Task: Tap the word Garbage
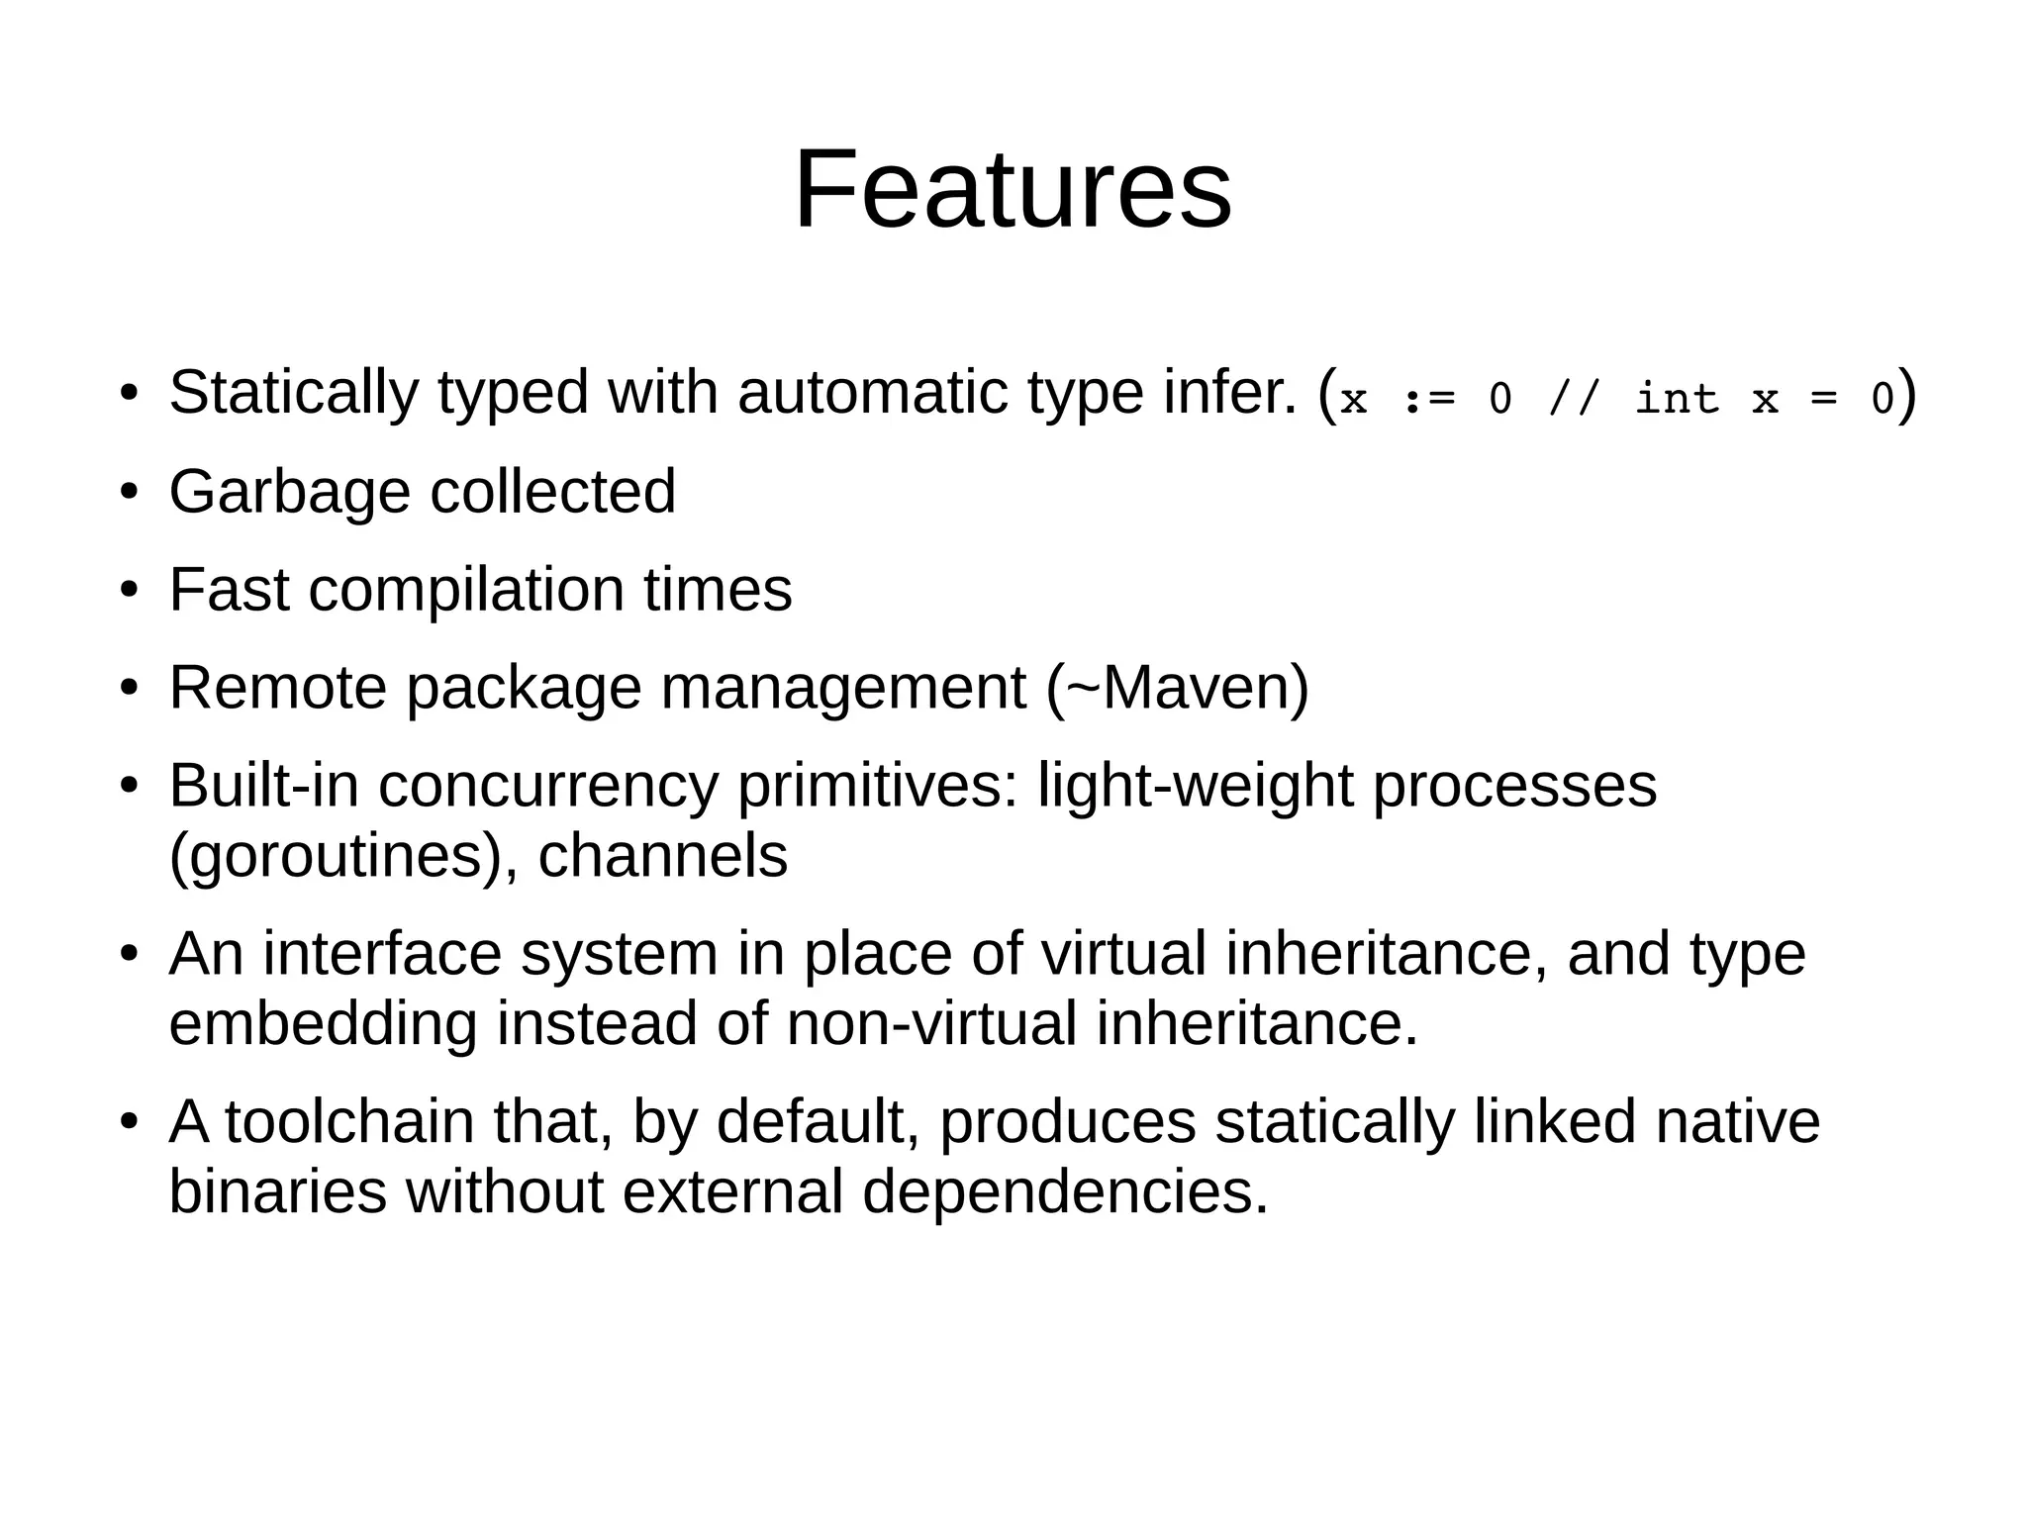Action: pos(289,491)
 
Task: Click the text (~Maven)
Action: pos(1177,688)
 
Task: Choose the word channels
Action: pos(662,856)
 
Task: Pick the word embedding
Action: pos(323,1023)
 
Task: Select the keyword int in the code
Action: pos(1677,399)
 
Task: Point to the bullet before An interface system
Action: pos(128,955)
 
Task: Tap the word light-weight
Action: pos(1194,787)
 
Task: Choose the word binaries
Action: pos(278,1191)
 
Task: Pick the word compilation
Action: pos(466,590)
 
